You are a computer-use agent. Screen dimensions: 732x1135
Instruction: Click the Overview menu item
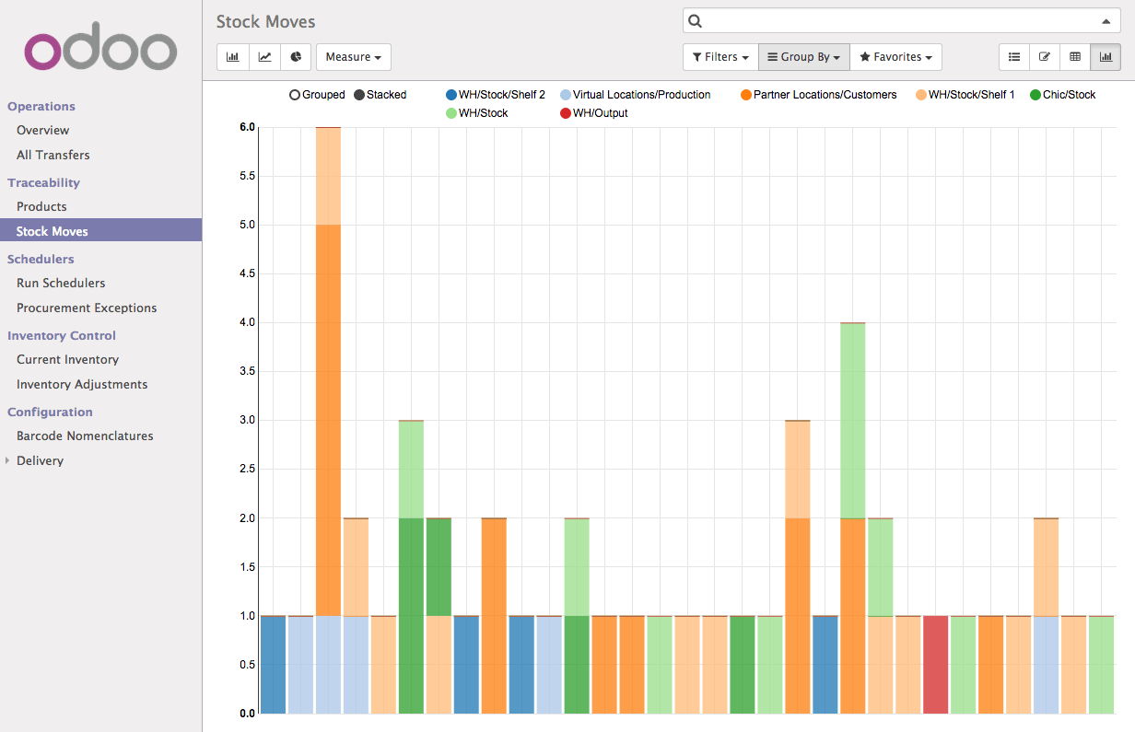pos(42,131)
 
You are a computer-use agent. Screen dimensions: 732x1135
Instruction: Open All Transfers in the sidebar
pos(53,155)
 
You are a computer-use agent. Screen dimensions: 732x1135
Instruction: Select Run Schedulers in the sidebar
pos(61,283)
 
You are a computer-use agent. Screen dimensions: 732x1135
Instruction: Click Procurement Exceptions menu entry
pos(87,308)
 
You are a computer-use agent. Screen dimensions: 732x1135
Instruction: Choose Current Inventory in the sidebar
pos(67,359)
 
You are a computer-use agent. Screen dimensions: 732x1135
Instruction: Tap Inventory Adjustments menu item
pos(82,384)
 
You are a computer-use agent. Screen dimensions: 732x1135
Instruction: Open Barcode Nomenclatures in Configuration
pos(85,436)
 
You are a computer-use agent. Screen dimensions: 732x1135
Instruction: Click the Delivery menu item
pos(40,460)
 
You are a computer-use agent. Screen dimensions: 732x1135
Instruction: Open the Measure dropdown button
pos(353,57)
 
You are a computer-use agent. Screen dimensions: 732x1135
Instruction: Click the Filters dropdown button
pos(720,57)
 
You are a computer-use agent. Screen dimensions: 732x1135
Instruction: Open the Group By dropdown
pos(803,57)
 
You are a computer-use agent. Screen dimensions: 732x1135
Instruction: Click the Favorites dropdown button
pos(895,57)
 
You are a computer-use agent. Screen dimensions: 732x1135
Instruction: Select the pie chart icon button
pos(296,57)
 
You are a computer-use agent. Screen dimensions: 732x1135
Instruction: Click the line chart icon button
pos(264,57)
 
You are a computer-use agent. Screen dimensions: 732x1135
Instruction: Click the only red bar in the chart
pos(935,664)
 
